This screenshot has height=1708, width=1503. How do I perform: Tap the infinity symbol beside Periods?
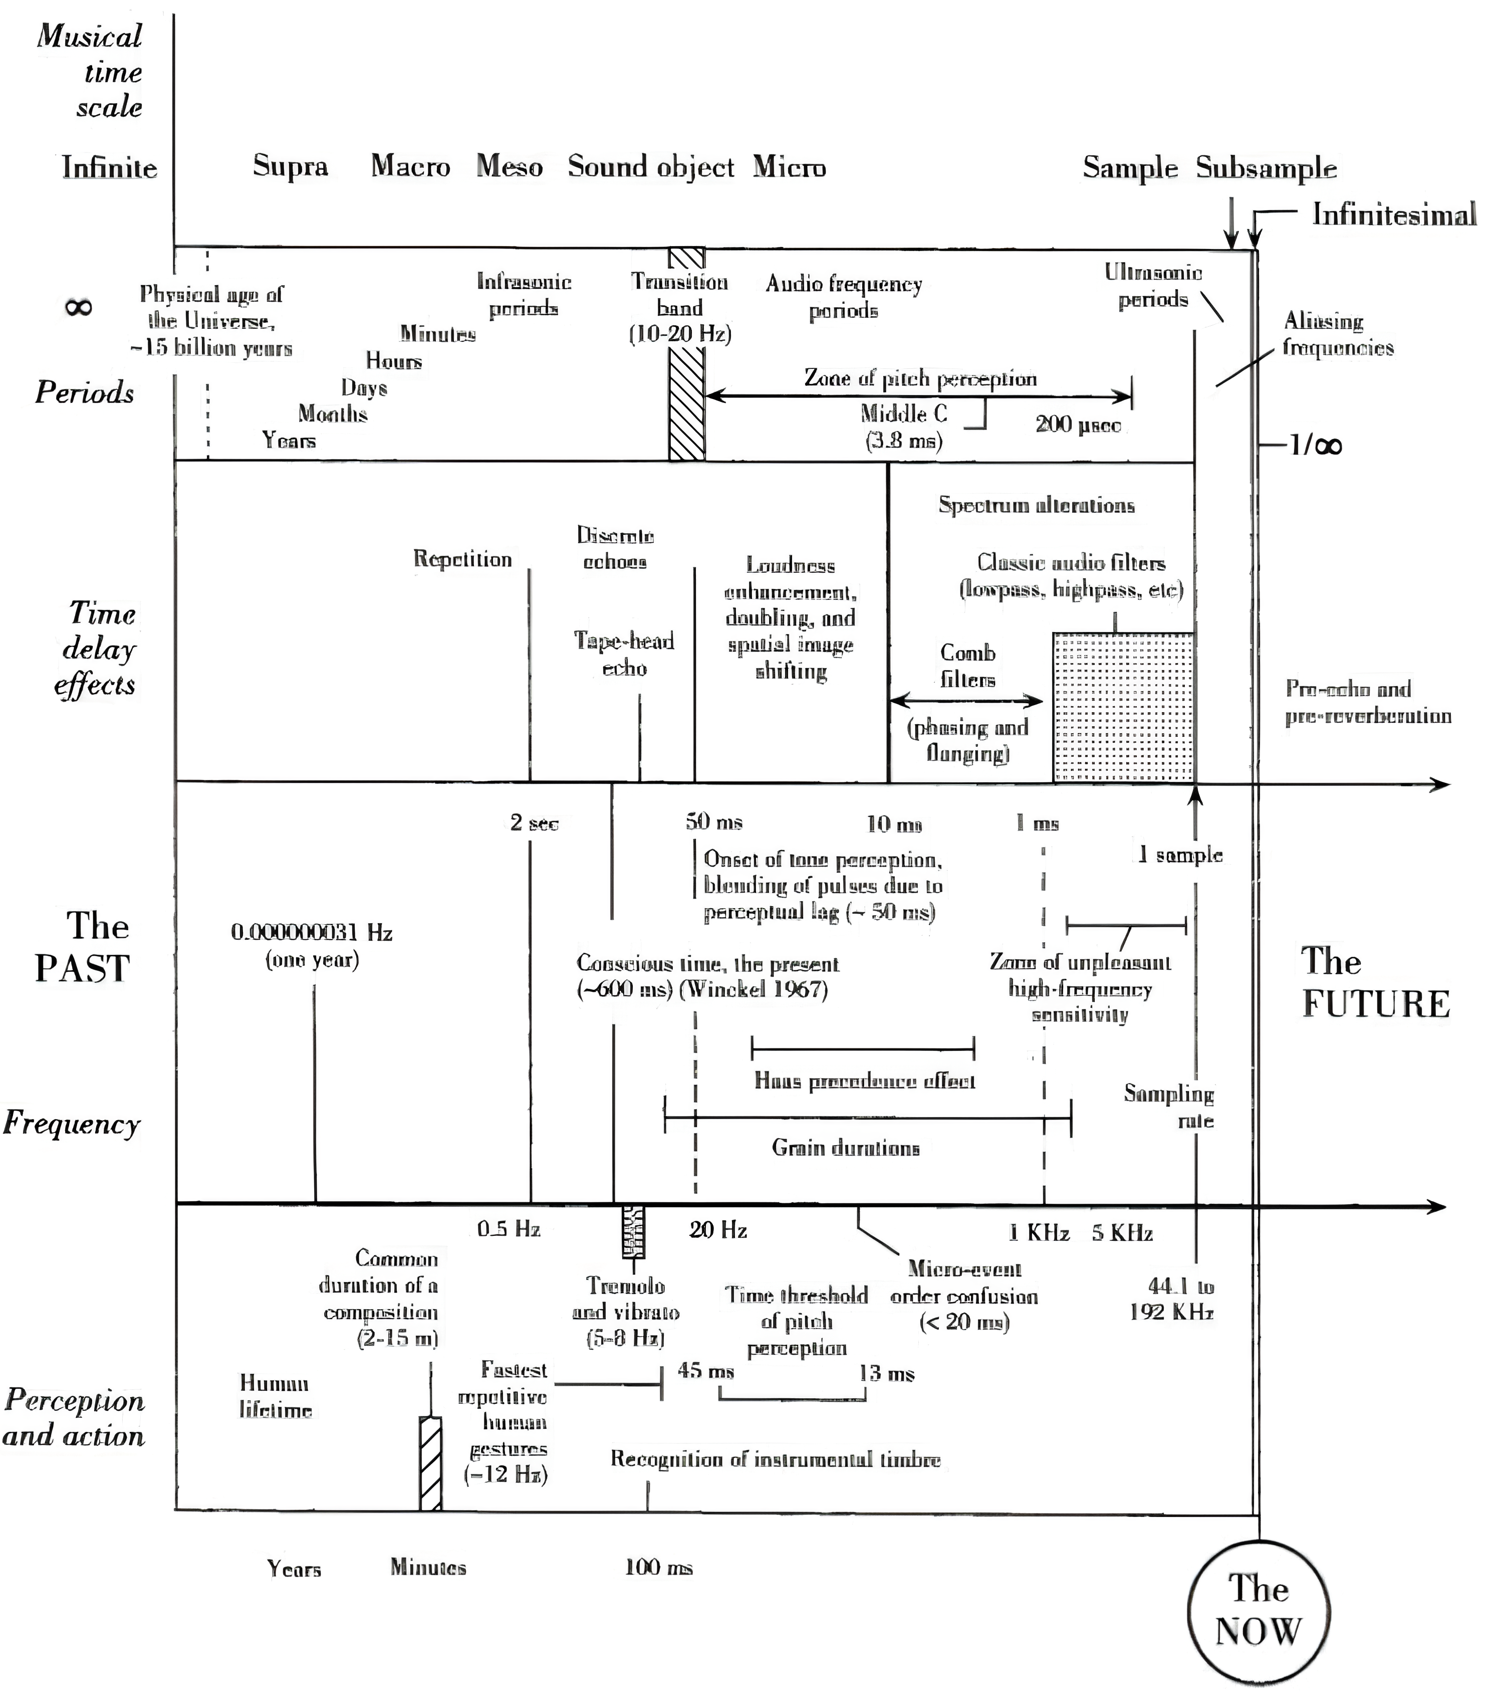79,308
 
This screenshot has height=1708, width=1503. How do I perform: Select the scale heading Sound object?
651,166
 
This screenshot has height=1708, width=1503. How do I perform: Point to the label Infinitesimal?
1394,215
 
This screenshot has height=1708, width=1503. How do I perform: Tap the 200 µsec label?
1078,424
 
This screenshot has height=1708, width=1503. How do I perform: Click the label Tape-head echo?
624,655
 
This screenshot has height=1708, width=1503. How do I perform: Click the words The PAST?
83,947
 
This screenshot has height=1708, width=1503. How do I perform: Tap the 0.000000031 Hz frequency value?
312,933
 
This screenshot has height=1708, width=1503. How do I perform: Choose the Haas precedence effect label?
865,1081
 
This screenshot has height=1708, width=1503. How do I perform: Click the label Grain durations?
846,1147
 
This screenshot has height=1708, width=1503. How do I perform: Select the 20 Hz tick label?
717,1229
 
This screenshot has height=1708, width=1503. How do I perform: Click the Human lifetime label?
275,1396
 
